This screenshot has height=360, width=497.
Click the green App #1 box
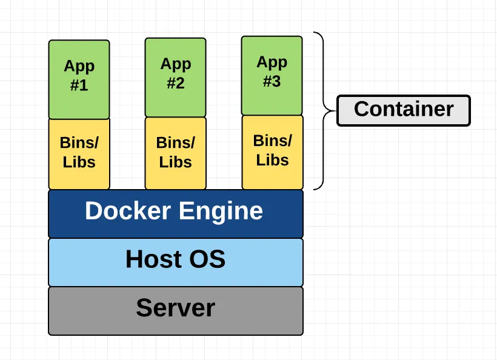[x=79, y=79]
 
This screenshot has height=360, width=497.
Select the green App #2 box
[x=175, y=77]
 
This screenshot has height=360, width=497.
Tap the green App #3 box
[x=272, y=75]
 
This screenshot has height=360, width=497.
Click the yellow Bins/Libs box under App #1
[x=79, y=153]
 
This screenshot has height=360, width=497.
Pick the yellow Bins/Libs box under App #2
[x=175, y=153]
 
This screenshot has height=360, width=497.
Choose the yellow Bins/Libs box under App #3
[x=272, y=152]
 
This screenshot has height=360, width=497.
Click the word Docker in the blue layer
[x=127, y=211]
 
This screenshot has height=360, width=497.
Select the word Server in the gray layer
[x=175, y=308]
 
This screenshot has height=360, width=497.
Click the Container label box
[x=403, y=110]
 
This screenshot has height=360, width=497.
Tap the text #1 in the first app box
[x=79, y=85]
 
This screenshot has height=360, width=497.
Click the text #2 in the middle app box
[x=175, y=84]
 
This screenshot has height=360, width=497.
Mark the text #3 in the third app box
[x=272, y=82]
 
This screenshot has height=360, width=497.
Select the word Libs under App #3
[x=272, y=161]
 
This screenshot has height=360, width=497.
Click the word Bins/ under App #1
[x=79, y=143]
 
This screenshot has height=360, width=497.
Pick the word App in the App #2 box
[x=175, y=64]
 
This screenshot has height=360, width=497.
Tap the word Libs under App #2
[x=175, y=162]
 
